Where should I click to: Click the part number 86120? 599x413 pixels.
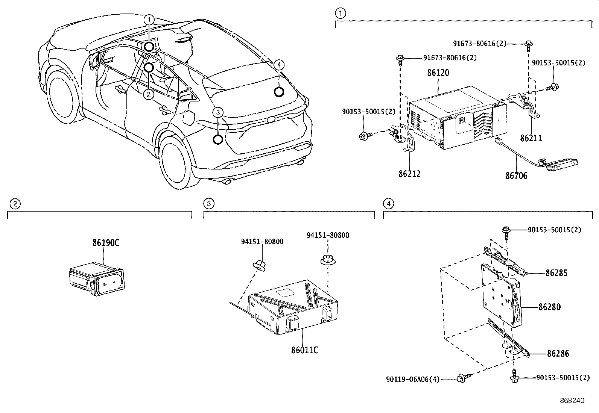[438, 73]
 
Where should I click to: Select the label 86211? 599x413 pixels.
[531, 138]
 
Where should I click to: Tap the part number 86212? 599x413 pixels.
[409, 174]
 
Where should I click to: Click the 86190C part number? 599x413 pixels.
[106, 243]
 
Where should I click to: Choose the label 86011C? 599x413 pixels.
[304, 350]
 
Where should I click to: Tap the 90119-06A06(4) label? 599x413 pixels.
[413, 380]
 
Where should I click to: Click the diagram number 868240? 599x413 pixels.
[572, 401]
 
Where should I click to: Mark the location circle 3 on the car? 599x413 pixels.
[218, 140]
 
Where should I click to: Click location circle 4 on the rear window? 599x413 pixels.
[278, 92]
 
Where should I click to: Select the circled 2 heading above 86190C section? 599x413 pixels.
[14, 204]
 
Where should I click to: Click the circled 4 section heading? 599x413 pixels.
[388, 204]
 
